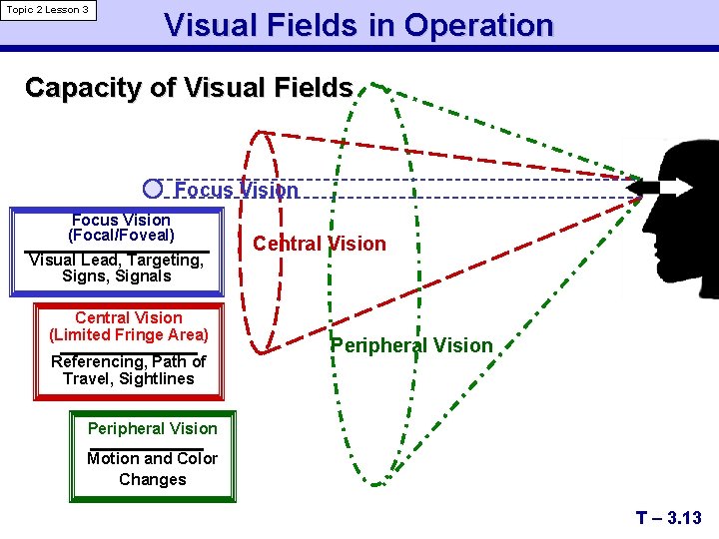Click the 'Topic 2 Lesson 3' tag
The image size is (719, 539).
tap(48, 10)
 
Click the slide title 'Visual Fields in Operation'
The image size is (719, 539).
tap(358, 25)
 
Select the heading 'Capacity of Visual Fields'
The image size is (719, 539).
tap(188, 88)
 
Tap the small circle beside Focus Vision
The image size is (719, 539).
tap(153, 189)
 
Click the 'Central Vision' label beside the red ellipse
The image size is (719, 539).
tap(319, 244)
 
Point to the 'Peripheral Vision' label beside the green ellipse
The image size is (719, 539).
tap(411, 345)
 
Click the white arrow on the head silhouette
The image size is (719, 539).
tap(665, 188)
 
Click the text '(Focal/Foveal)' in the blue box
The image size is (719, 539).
tap(121, 237)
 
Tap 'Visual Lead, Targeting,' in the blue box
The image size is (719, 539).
tap(116, 260)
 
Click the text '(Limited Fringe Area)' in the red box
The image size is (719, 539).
tap(129, 335)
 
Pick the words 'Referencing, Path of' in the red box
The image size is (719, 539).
tap(128, 361)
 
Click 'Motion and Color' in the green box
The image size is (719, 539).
tap(152, 459)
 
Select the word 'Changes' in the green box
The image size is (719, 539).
tap(152, 480)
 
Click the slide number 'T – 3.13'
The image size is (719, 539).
tap(668, 518)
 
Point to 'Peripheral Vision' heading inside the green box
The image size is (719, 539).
tap(152, 429)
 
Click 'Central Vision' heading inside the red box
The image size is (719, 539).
tap(129, 317)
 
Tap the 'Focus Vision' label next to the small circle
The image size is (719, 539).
tap(236, 190)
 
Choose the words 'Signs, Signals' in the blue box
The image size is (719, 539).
tap(116, 276)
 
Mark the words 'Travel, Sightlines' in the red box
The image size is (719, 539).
tap(128, 379)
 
